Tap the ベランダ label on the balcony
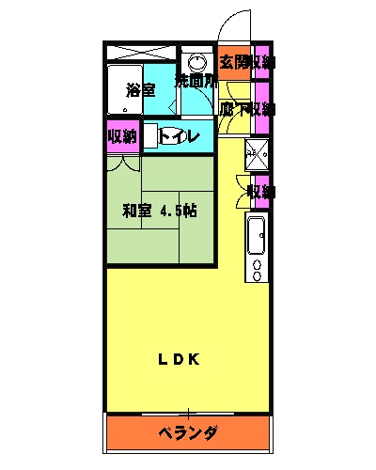click(x=187, y=433)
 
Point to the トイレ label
click(x=181, y=136)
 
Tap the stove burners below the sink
click(x=257, y=271)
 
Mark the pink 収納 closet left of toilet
click(x=122, y=136)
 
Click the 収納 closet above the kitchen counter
click(x=260, y=192)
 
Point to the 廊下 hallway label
click(x=230, y=109)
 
